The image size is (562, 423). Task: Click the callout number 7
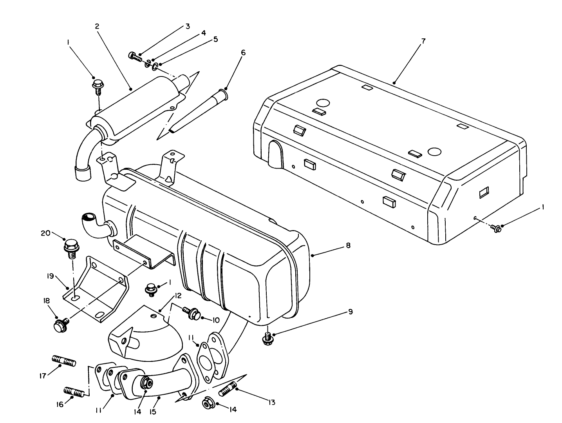coord(423,41)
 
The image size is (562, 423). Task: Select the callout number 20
coord(45,233)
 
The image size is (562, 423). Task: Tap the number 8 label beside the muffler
coord(348,245)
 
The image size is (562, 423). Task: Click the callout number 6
coord(243,53)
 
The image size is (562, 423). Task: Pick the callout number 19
coord(50,276)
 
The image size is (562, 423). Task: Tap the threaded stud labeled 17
coord(64,360)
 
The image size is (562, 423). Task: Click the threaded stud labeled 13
coord(227,390)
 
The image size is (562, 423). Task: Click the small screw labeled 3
coord(135,56)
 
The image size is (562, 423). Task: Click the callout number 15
coord(152,412)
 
